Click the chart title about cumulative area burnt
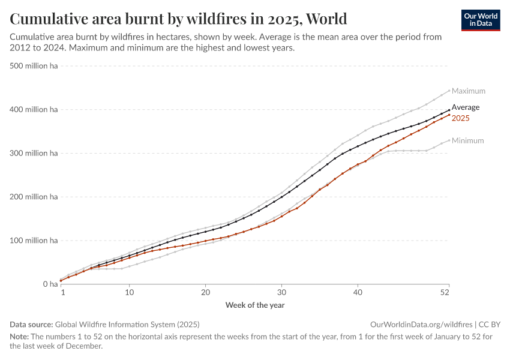point(178,19)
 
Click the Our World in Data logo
point(480,20)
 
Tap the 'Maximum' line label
point(468,91)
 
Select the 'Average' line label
point(466,107)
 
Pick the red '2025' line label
point(460,118)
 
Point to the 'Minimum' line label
point(467,141)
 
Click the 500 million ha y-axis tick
point(34,66)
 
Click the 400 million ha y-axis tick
point(34,110)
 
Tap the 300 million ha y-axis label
point(34,154)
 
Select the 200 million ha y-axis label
point(34,197)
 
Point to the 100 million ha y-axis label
point(34,241)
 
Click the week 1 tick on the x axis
point(62,293)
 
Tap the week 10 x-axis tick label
point(130,293)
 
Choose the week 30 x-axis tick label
point(281,293)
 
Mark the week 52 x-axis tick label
point(445,293)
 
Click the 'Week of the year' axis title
point(255,305)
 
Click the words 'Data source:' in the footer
point(32,324)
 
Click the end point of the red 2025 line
point(449,115)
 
